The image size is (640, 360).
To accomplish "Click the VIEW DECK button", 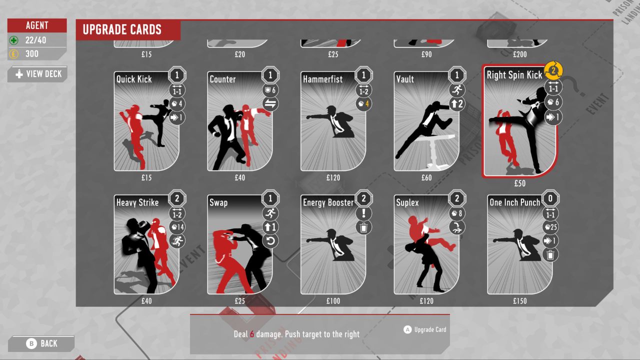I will point(38,74).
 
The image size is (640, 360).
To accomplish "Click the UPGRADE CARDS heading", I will point(122,30).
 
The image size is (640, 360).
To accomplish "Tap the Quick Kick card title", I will point(134,79).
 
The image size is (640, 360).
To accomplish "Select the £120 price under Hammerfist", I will point(333,178).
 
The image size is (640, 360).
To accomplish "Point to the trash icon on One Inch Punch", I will point(550,255).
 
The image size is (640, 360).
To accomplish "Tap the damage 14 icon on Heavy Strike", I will point(177,227).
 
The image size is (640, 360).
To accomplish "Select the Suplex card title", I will point(407,202).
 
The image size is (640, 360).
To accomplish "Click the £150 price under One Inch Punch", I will point(520,301).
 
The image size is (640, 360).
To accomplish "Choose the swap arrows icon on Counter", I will point(270,104).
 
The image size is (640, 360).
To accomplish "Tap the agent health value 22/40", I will point(35,40).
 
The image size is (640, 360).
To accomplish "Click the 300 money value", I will point(32,54).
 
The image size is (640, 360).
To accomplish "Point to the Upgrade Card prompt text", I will point(430,329).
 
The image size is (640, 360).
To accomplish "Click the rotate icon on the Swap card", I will point(270,241).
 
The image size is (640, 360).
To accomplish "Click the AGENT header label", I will point(37,25).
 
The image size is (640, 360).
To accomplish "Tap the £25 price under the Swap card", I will point(240,301).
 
